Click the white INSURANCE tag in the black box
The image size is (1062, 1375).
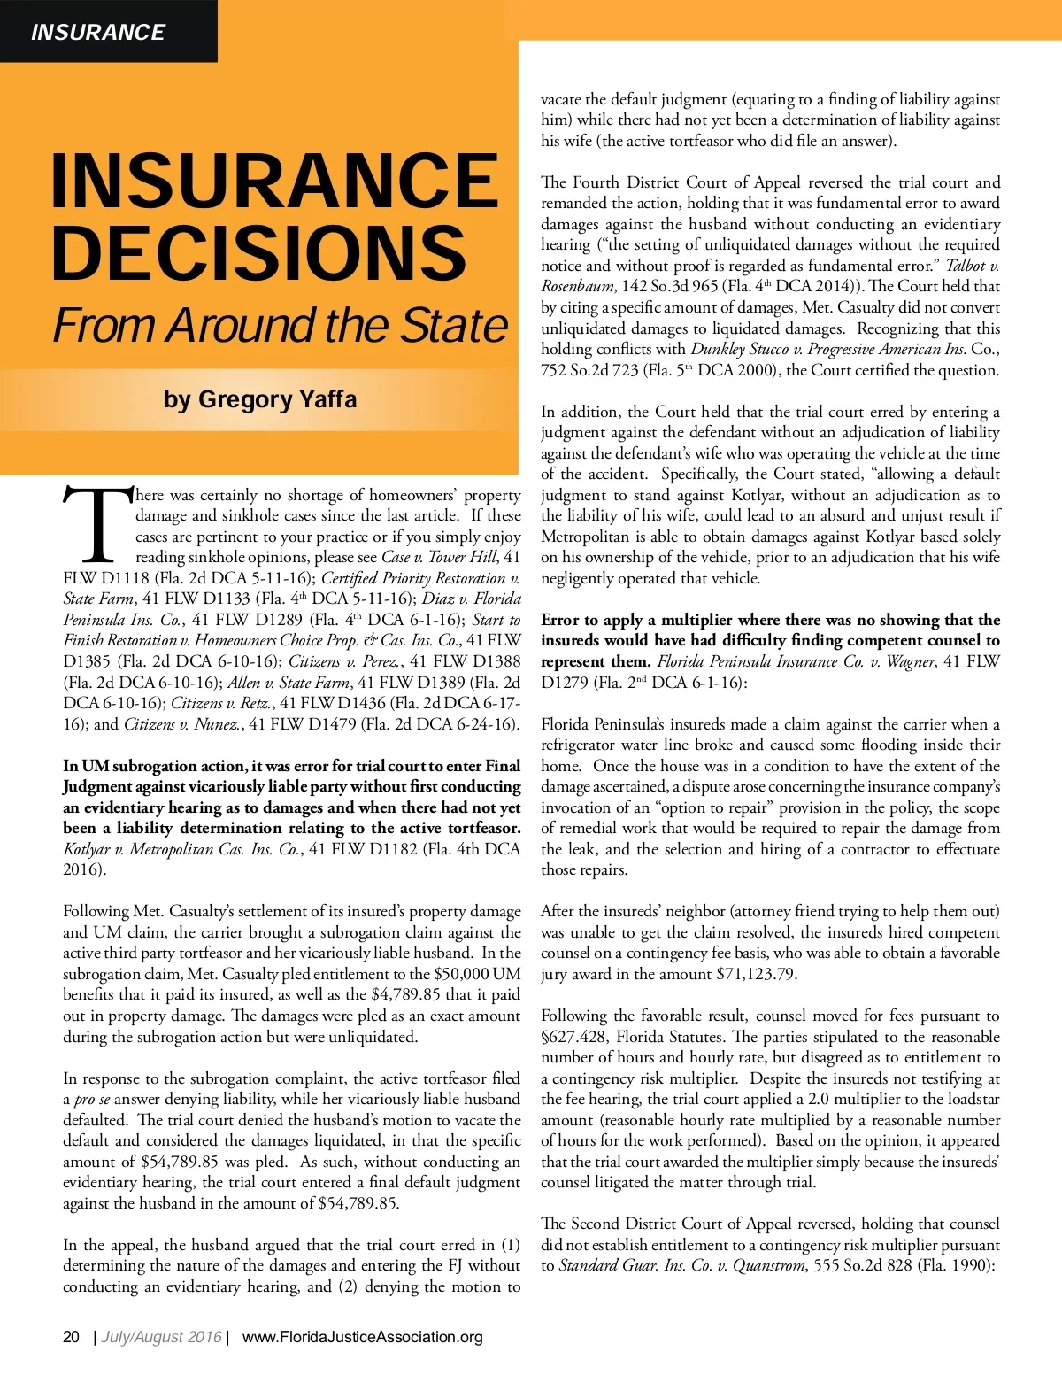pyautogui.click(x=97, y=33)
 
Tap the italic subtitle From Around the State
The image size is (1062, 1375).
pyautogui.click(x=280, y=326)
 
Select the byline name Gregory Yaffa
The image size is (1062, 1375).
pyautogui.click(x=277, y=399)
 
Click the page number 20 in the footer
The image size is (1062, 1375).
pyautogui.click(x=72, y=1336)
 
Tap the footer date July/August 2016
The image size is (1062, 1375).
pyautogui.click(x=161, y=1336)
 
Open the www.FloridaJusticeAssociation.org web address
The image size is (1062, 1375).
pyautogui.click(x=362, y=1336)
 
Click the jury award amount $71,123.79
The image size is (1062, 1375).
pyautogui.click(x=756, y=974)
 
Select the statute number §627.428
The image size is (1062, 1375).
pyautogui.click(x=574, y=1037)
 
